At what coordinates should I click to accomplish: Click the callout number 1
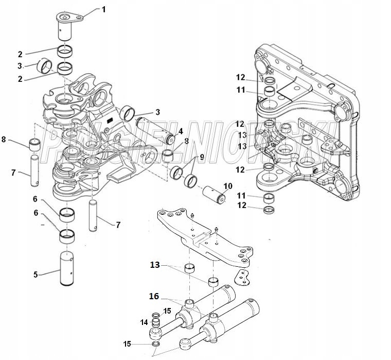coord(103,9)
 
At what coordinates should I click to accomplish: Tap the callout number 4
coord(180,131)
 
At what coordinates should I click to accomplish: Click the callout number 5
coord(36,275)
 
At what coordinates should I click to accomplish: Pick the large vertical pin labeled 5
coord(68,268)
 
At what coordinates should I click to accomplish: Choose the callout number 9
coord(202,157)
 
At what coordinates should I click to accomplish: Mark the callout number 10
coord(227,186)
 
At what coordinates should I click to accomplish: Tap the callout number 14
coord(144,322)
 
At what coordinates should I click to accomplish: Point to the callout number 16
coord(153,296)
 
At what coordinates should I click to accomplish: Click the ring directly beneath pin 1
coord(65,51)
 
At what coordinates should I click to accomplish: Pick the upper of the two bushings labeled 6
coord(67,213)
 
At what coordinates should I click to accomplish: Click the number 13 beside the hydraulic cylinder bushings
coord(155,266)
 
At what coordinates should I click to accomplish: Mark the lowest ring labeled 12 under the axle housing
coord(268,209)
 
